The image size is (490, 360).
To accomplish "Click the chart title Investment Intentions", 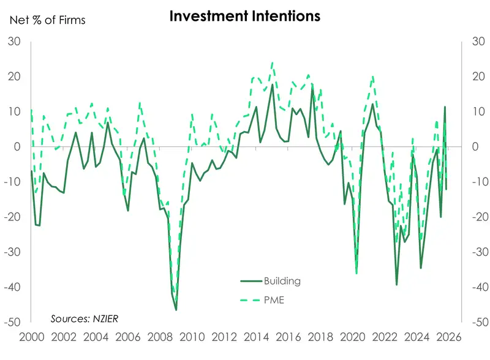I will coord(245,16).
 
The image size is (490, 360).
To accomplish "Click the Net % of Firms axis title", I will coord(47,20).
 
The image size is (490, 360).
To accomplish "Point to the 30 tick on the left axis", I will coord(14,42).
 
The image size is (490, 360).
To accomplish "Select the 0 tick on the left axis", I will coord(18,147).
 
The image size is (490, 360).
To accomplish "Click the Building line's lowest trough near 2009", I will coord(176,310).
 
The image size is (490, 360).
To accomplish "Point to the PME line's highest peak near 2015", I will coord(272,62).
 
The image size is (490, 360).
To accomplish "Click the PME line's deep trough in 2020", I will coord(356,274).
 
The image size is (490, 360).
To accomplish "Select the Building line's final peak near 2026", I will coord(445,107).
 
